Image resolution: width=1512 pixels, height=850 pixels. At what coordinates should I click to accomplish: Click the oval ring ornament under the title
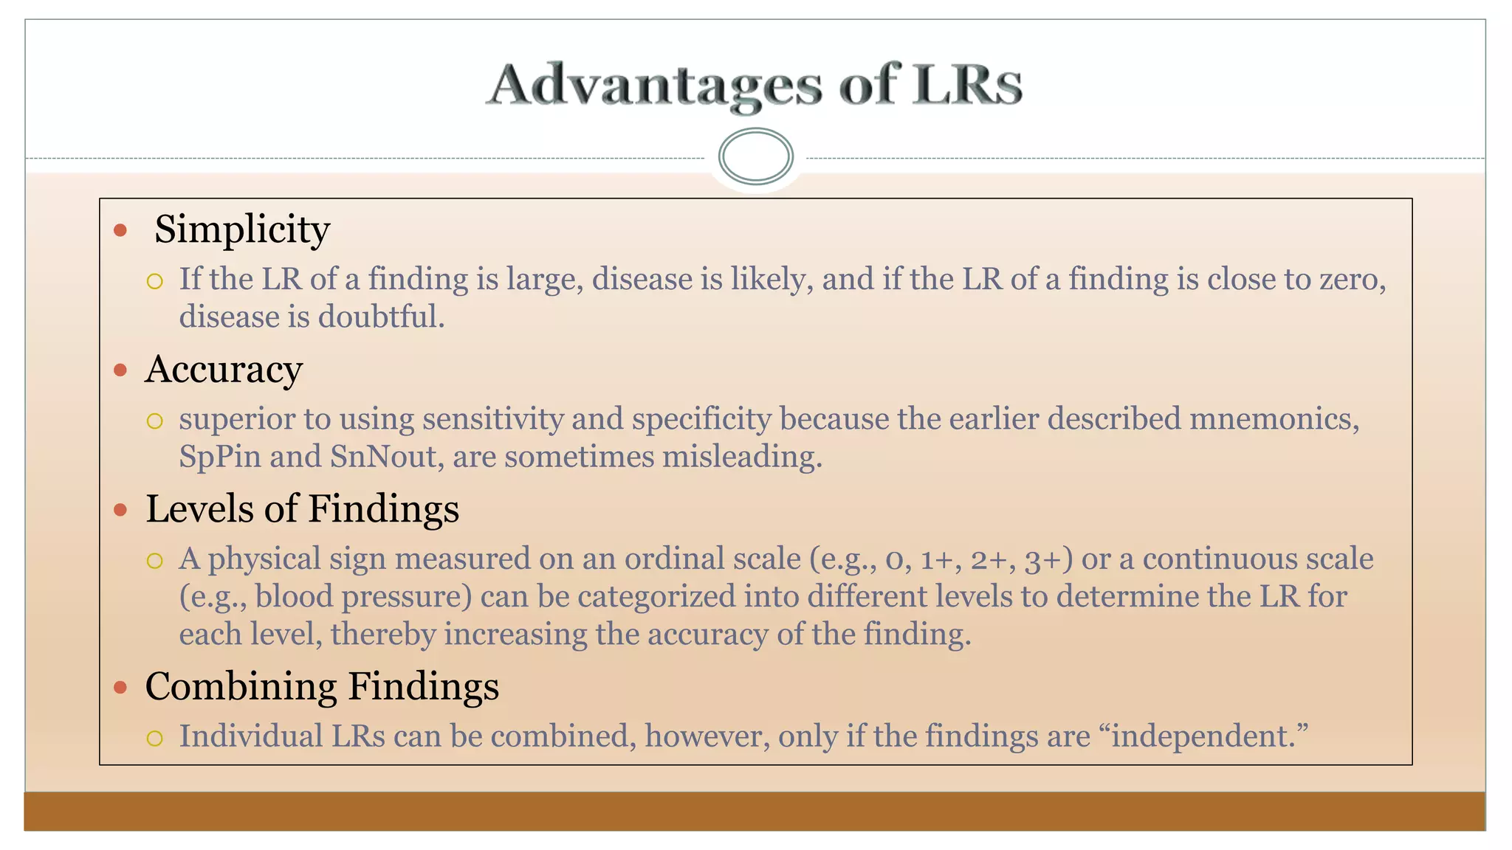[x=755, y=156]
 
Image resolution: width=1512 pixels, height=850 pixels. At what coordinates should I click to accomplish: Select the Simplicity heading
[x=241, y=229]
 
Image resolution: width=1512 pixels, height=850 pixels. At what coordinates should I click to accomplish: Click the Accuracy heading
[x=224, y=370]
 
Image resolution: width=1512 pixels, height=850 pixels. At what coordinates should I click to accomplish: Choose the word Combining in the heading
[x=241, y=686]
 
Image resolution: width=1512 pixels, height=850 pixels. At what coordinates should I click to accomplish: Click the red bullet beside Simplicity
[x=120, y=231]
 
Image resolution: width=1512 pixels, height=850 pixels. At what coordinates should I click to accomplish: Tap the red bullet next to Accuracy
[x=120, y=370]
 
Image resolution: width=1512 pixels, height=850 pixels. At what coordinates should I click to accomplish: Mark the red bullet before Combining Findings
[x=120, y=688]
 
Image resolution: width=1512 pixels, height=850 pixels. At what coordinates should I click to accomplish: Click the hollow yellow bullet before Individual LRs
[x=154, y=738]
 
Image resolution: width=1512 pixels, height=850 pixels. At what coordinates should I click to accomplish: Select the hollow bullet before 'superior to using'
[x=154, y=421]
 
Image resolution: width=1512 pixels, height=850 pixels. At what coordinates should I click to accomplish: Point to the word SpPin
[x=220, y=457]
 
